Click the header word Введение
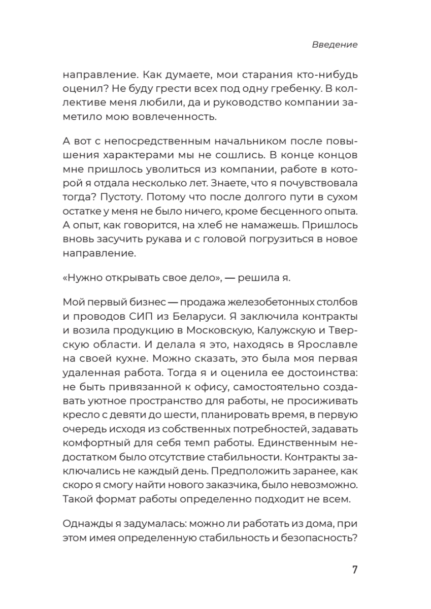[x=335, y=45]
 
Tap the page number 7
[x=355, y=569]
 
